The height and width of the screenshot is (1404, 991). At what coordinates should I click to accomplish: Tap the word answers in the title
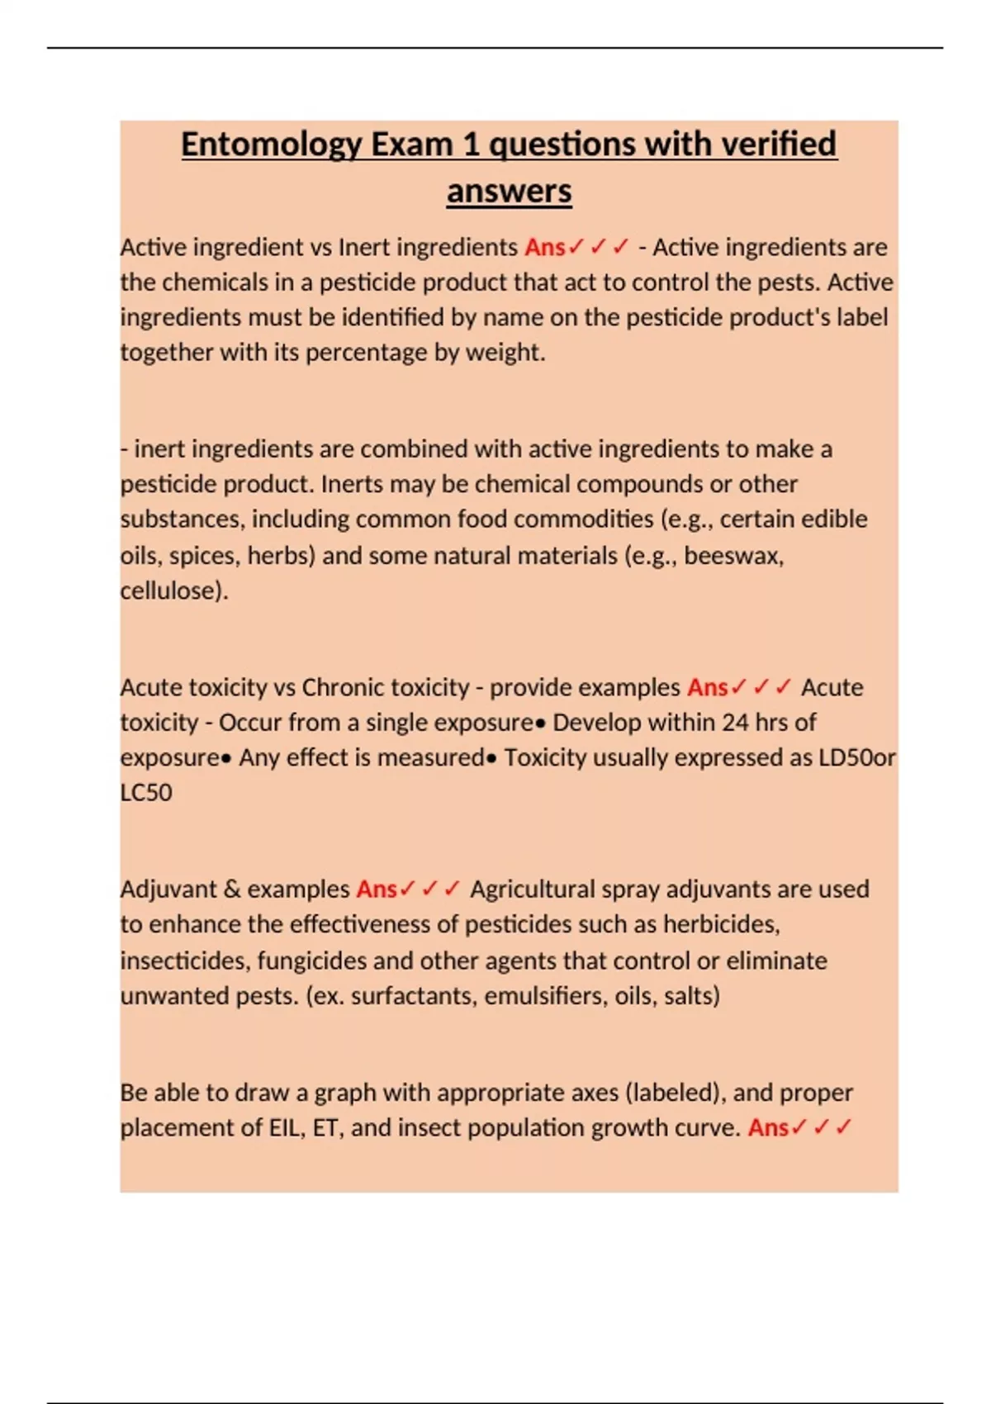pyautogui.click(x=509, y=192)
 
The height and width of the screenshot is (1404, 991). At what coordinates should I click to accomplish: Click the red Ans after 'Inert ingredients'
pyautogui.click(x=545, y=247)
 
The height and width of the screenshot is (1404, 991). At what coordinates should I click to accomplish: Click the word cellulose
pyautogui.click(x=171, y=591)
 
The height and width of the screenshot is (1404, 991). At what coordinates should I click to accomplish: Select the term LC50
pyautogui.click(x=146, y=793)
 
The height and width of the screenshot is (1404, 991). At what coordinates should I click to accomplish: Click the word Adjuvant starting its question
pyautogui.click(x=168, y=889)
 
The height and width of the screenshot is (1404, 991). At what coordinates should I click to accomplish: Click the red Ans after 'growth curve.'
pyautogui.click(x=768, y=1128)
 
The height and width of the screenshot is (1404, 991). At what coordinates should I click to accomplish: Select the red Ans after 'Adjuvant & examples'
pyautogui.click(x=377, y=889)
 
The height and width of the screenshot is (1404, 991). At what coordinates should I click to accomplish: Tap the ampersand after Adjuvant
pyautogui.click(x=231, y=889)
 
